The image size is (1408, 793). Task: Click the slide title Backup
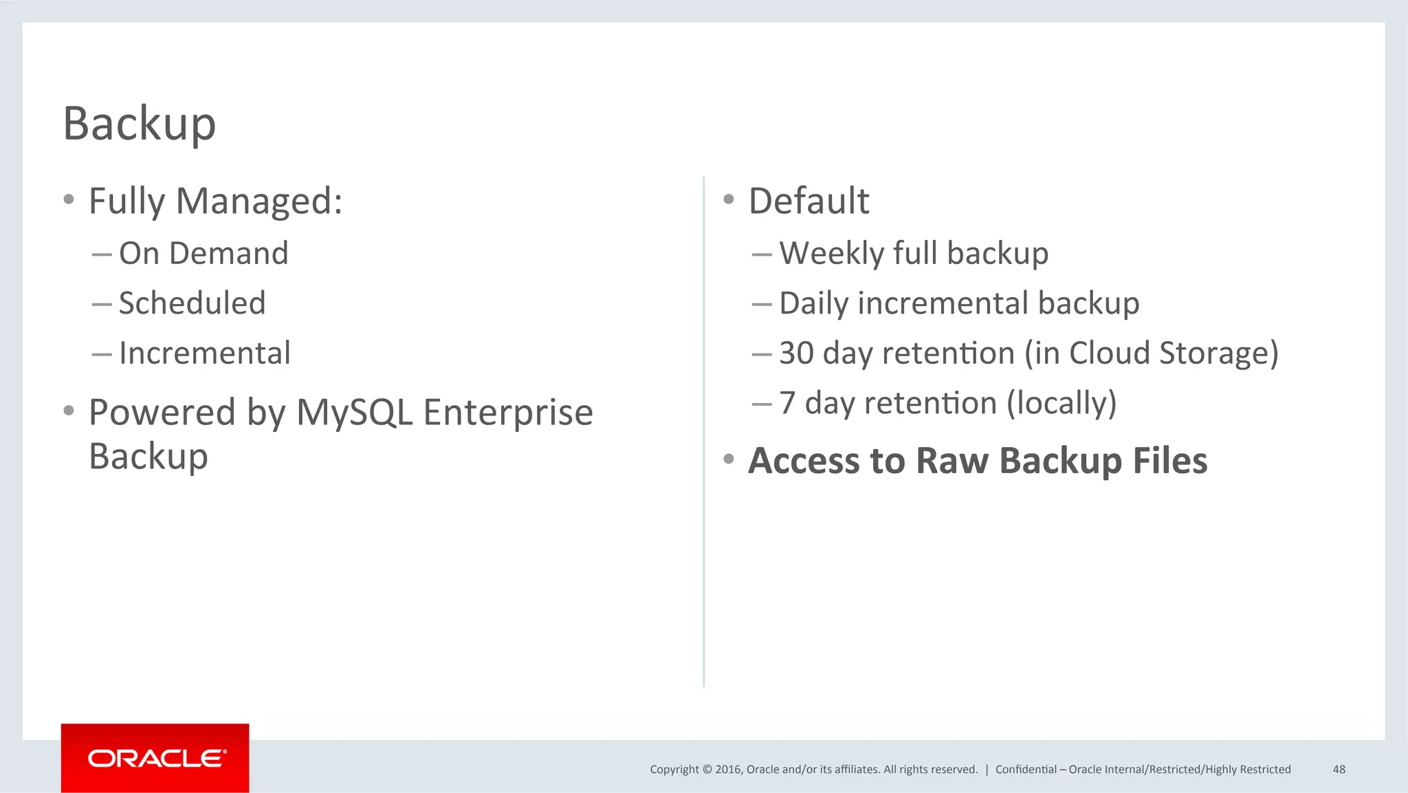click(x=140, y=124)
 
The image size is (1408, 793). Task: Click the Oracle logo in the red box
click(x=155, y=758)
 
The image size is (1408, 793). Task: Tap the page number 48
click(x=1339, y=769)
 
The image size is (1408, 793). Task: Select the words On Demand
click(x=203, y=253)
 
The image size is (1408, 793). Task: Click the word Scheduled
click(x=192, y=303)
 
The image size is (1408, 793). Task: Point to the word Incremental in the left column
click(x=205, y=354)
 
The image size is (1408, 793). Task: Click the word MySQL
click(x=354, y=413)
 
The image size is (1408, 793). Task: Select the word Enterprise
click(x=507, y=413)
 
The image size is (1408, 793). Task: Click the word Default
click(x=808, y=201)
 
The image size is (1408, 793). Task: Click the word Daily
click(x=813, y=303)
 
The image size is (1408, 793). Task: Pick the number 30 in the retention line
click(x=796, y=354)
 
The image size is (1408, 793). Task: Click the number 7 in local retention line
click(x=787, y=403)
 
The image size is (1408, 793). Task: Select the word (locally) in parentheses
click(x=1061, y=403)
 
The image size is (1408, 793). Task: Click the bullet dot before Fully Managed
click(x=68, y=200)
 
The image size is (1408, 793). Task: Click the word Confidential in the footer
click(x=1026, y=769)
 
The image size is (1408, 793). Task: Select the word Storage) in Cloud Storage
click(x=1218, y=354)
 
